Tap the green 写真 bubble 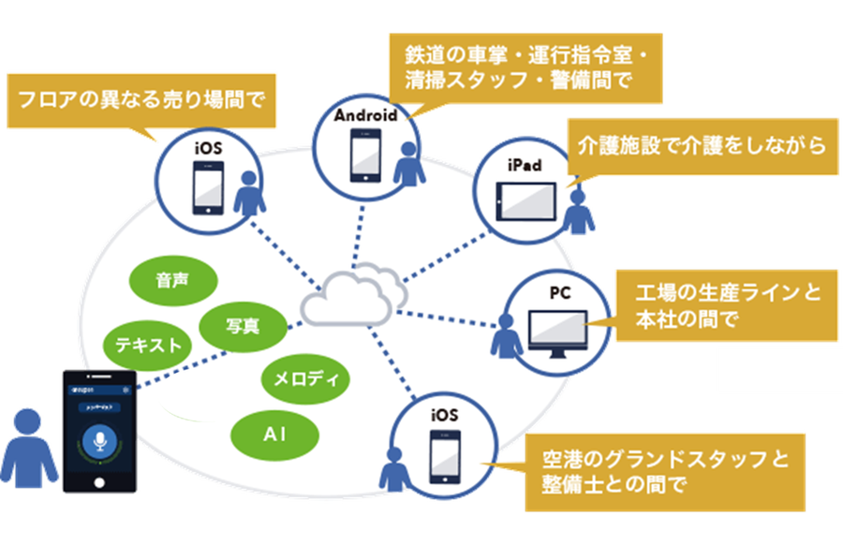pos(243,325)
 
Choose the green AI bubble pos(274,435)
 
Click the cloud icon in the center pos(353,295)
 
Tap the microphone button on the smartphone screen pos(99,442)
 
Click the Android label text pos(366,114)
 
